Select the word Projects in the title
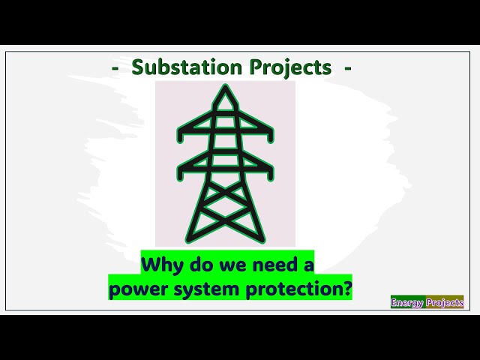[288, 67]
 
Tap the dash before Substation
[115, 68]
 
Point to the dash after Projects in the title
[347, 68]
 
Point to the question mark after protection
[347, 289]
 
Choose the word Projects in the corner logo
[445, 303]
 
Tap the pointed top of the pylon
[225, 88]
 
